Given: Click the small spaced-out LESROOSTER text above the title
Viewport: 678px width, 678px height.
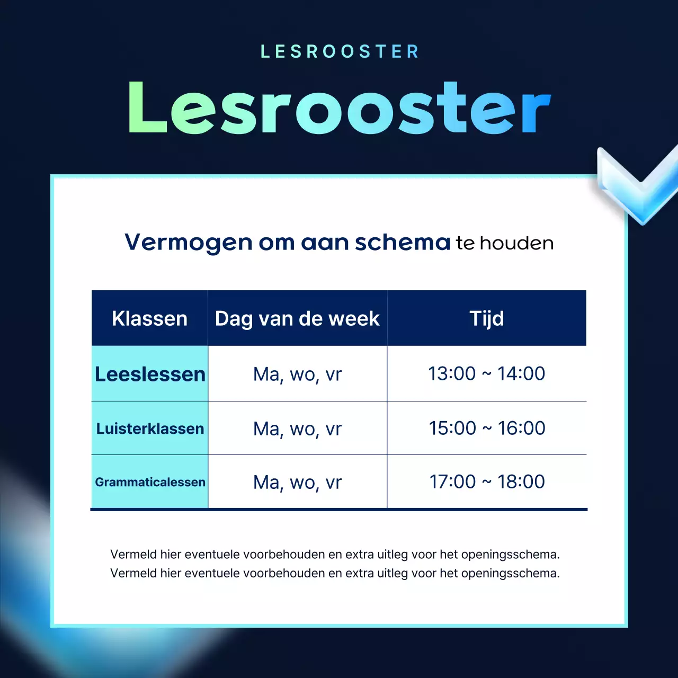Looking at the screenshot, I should pyautogui.click(x=340, y=51).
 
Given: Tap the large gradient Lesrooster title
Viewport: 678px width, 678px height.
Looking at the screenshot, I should pyautogui.click(x=339, y=108).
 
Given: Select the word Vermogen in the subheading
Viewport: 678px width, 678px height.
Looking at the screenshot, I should pyautogui.click(x=188, y=243).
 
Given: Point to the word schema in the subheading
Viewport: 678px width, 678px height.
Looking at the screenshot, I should pyautogui.click(x=403, y=243).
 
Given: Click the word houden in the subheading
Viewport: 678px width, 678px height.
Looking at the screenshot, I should pyautogui.click(x=516, y=243).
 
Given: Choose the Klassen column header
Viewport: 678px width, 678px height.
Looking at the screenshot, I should pyautogui.click(x=150, y=319).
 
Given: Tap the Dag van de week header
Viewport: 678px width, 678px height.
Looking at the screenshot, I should pyautogui.click(x=297, y=319).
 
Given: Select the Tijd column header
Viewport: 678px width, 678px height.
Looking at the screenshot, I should pyautogui.click(x=487, y=319).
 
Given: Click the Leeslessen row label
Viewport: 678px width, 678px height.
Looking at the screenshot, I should pyautogui.click(x=150, y=374).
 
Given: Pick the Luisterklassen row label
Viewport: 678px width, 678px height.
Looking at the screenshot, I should pyautogui.click(x=150, y=429).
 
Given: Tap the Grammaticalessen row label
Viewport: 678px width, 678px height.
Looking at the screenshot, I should pyautogui.click(x=150, y=482).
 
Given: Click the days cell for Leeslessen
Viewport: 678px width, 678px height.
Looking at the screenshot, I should pyautogui.click(x=297, y=374).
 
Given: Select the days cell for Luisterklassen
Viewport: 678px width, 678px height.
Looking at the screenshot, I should pyautogui.click(x=297, y=429).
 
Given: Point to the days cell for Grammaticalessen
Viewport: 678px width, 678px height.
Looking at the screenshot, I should pyautogui.click(x=297, y=483).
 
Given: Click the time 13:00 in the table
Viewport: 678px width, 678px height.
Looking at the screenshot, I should pyautogui.click(x=452, y=374).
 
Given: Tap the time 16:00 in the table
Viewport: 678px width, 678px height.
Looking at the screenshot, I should pyautogui.click(x=522, y=428).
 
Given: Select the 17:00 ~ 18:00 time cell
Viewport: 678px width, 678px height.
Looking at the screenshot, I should pyautogui.click(x=487, y=482).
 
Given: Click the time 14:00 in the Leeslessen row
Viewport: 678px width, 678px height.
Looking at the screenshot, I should pyautogui.click(x=521, y=374).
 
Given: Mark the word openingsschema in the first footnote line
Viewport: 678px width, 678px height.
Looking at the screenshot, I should pyautogui.click(x=510, y=555).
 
